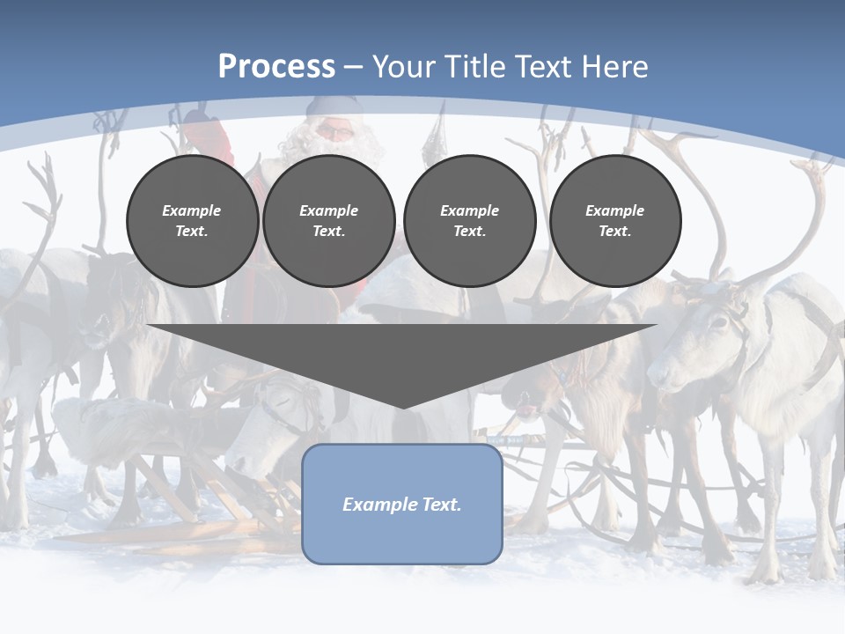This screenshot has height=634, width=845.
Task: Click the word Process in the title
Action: pos(276,66)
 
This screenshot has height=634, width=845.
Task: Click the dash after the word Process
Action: pos(353,68)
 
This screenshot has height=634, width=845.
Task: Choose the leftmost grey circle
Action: pos(192,221)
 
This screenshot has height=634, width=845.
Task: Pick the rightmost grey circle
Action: pos(615,221)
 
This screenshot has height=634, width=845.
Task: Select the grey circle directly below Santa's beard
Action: pos(328,221)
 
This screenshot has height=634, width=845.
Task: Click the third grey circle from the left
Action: pos(469,221)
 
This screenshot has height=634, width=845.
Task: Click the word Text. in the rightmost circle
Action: pos(615,232)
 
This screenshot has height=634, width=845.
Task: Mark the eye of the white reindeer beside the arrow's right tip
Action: pos(719,322)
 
